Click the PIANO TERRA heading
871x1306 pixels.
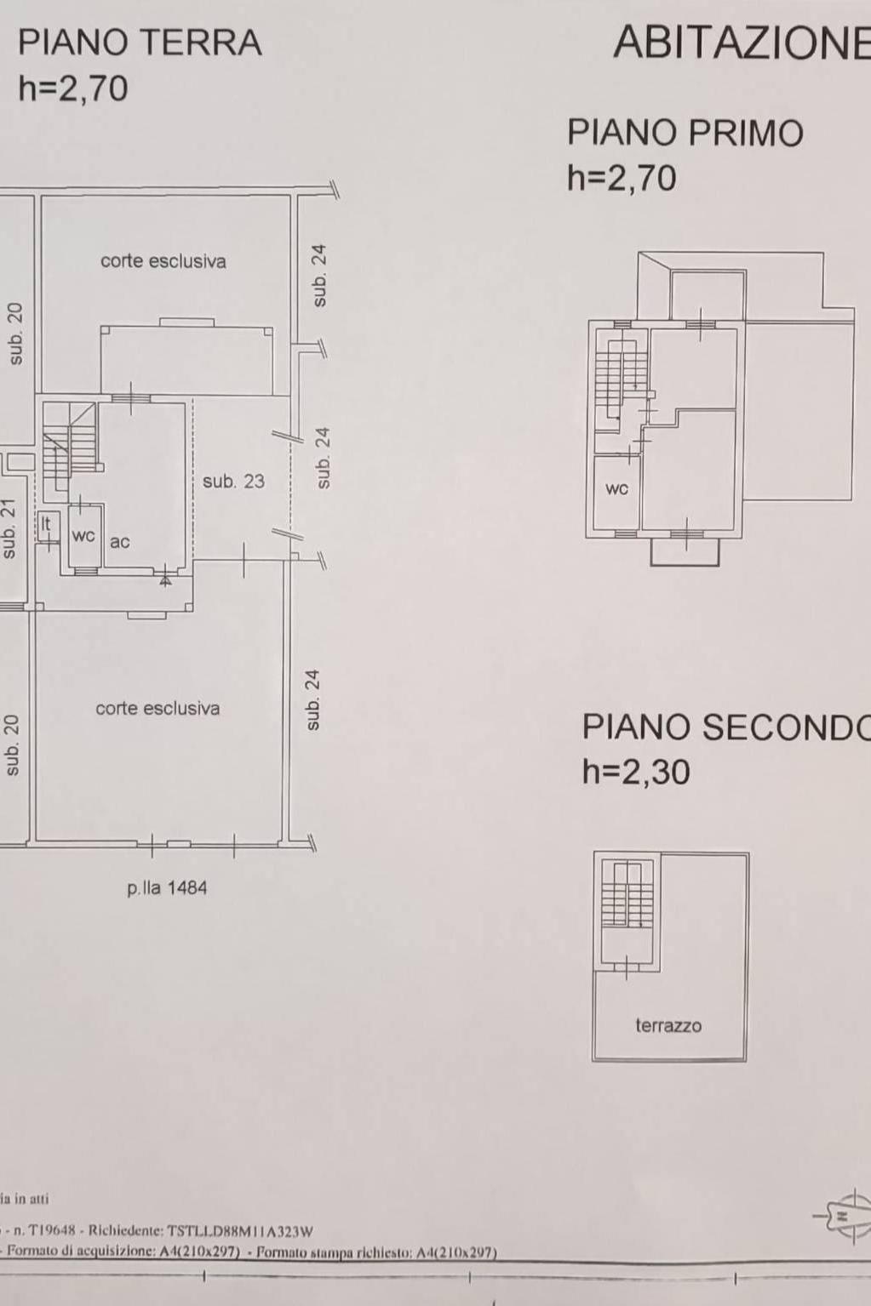pyautogui.click(x=140, y=43)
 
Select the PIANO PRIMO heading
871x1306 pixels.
pyautogui.click(x=685, y=133)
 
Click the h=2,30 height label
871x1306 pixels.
pyautogui.click(x=637, y=772)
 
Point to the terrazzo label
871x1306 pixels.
pyautogui.click(x=668, y=1025)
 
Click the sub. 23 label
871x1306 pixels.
pyautogui.click(x=233, y=481)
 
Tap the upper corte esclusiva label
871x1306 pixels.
pyautogui.click(x=163, y=260)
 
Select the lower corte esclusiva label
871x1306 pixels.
pyautogui.click(x=158, y=709)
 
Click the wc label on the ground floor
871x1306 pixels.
pyautogui.click(x=83, y=536)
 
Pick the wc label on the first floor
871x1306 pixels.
pyautogui.click(x=616, y=489)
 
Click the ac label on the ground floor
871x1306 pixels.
pyautogui.click(x=119, y=542)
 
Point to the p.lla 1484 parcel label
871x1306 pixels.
pyautogui.click(x=167, y=888)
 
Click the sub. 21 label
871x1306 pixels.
pyautogui.click(x=9, y=529)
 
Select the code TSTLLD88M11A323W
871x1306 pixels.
pyautogui.click(x=240, y=1231)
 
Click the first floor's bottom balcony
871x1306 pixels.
pyautogui.click(x=685, y=551)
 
